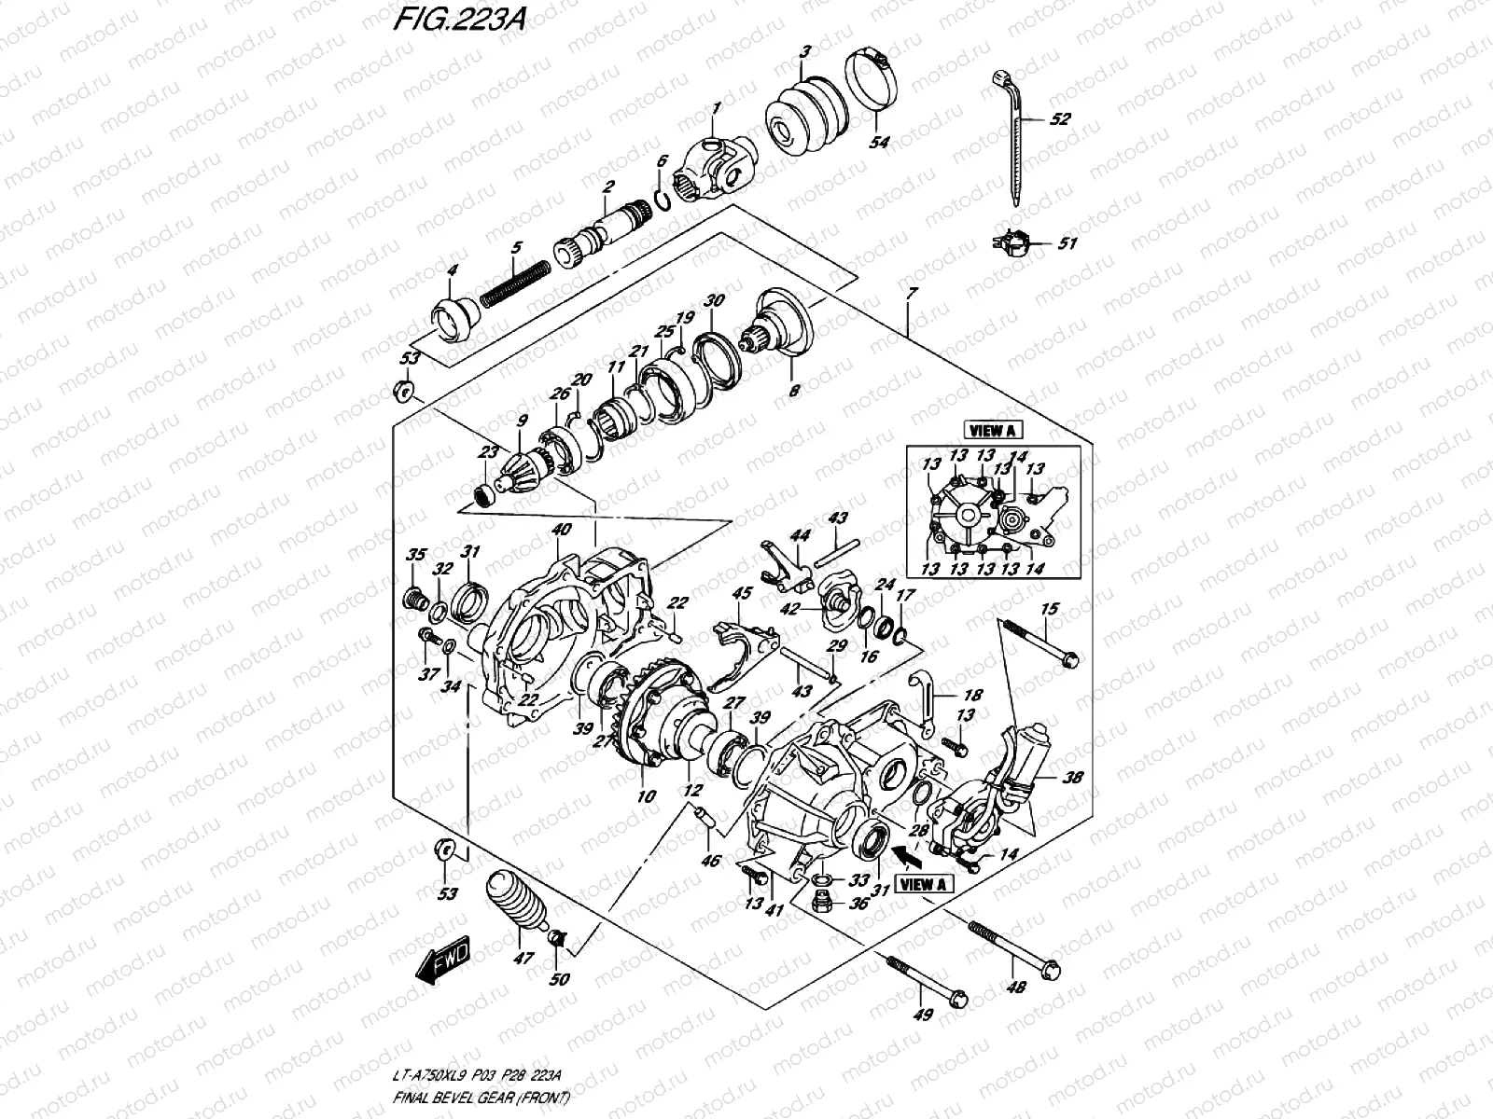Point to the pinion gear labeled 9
coord(516,469)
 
